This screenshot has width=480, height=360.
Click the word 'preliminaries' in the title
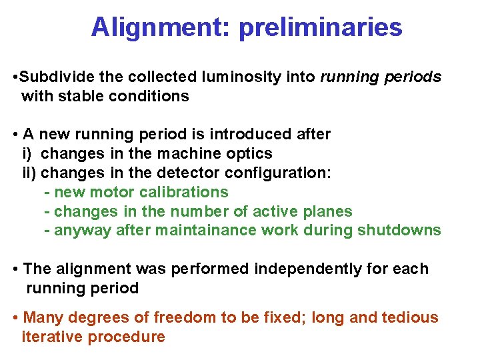click(320, 27)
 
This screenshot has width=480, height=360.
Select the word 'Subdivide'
click(52, 77)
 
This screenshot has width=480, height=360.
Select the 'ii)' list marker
click(29, 173)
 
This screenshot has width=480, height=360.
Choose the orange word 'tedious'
click(411, 317)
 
